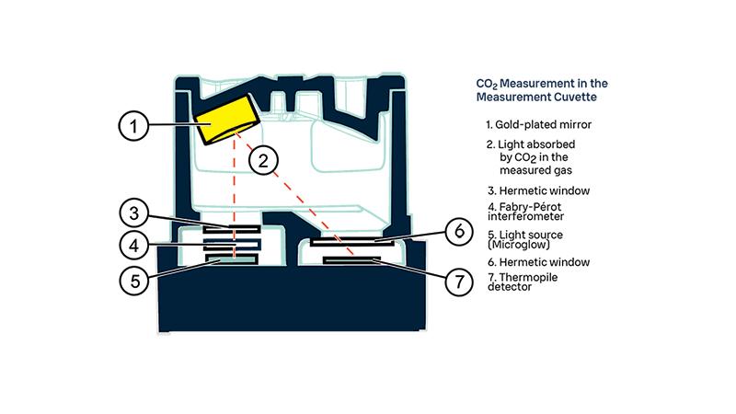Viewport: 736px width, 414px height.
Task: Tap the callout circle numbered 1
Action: point(134,125)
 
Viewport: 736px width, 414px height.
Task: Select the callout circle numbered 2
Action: point(263,161)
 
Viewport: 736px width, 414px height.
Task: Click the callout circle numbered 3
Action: point(134,214)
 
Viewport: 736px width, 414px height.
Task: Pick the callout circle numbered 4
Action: point(134,246)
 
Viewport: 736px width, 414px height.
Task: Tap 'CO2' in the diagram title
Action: point(473,84)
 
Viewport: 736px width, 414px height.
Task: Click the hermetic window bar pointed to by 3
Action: point(233,227)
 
